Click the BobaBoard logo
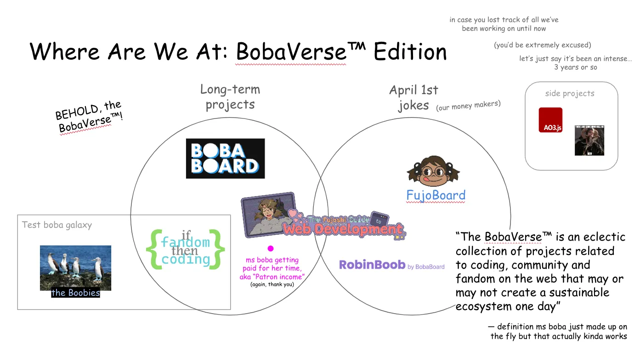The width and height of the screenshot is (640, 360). [225, 158]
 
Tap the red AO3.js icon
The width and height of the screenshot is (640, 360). [550, 120]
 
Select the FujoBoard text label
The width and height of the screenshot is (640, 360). [436, 196]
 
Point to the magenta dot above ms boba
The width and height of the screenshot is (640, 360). [271, 248]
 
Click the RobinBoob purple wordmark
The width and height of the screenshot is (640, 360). [372, 264]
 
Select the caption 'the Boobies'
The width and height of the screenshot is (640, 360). [75, 293]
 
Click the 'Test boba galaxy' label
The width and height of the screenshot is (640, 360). [57, 225]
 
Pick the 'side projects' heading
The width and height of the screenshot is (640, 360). [570, 93]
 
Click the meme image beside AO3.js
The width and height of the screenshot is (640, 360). [589, 140]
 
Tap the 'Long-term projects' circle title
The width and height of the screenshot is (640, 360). [230, 97]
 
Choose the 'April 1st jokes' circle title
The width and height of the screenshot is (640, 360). [413, 97]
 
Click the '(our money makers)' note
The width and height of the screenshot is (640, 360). [468, 105]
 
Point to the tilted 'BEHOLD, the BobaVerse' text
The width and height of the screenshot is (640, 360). [89, 118]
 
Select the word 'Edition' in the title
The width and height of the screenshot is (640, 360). [410, 51]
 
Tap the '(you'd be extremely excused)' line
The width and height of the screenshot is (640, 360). [542, 45]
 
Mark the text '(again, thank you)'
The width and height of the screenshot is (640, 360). [272, 285]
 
